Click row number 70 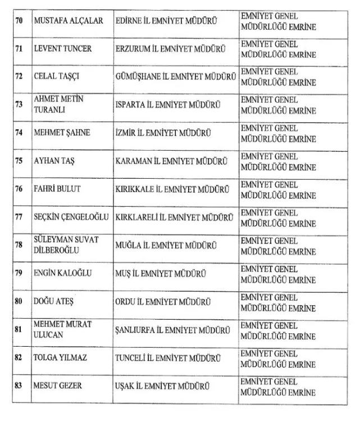pyautogui.click(x=19, y=21)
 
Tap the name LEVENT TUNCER pyautogui.click(x=63, y=49)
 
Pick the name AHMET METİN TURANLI pyautogui.click(x=58, y=105)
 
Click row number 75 pyautogui.click(x=19, y=161)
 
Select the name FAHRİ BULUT pyautogui.click(x=57, y=189)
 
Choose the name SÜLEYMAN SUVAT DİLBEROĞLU pyautogui.click(x=66, y=245)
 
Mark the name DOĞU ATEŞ pyautogui.click(x=54, y=301)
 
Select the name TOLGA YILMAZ pyautogui.click(x=60, y=357)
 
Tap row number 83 pyautogui.click(x=19, y=386)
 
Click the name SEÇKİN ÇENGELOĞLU pyautogui.click(x=72, y=217)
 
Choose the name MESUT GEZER pyautogui.click(x=58, y=386)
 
